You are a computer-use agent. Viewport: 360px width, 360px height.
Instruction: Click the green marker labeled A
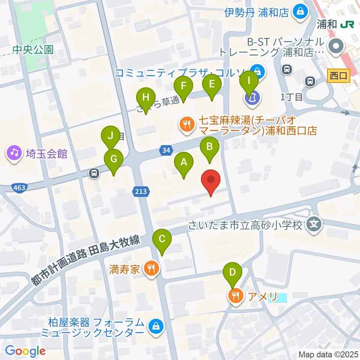point(183,162)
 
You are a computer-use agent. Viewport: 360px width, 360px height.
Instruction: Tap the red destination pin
point(211,180)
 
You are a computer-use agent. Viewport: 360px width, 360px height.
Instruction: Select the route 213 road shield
point(141,192)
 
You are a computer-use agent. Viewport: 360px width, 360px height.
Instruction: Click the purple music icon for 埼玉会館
point(14,153)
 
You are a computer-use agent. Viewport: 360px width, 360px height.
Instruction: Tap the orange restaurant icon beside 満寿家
point(151,268)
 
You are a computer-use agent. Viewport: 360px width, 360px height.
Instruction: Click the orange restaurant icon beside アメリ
point(235,297)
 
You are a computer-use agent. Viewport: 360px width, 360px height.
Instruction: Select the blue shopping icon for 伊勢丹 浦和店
point(301,12)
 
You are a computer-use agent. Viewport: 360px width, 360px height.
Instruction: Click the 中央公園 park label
point(33,49)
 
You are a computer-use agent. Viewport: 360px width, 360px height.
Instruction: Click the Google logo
point(25,351)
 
